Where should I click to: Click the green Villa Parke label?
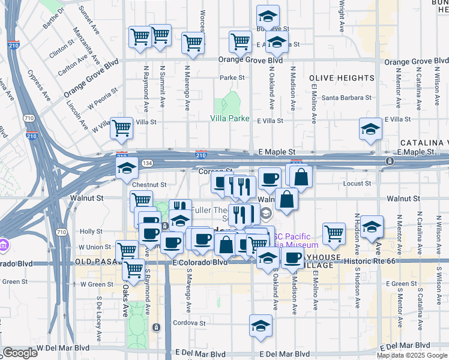click(230, 118)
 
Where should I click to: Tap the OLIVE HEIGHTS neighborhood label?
click(342, 78)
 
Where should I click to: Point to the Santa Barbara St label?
click(346, 97)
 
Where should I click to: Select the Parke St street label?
click(232, 77)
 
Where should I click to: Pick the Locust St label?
click(357, 183)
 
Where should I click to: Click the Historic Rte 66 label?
click(391, 257)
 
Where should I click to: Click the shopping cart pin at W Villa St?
click(121, 128)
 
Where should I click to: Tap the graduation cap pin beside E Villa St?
click(370, 128)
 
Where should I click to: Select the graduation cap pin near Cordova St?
click(260, 326)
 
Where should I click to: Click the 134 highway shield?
click(147, 163)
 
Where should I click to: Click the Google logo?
click(20, 353)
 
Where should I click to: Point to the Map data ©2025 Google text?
click(412, 355)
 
